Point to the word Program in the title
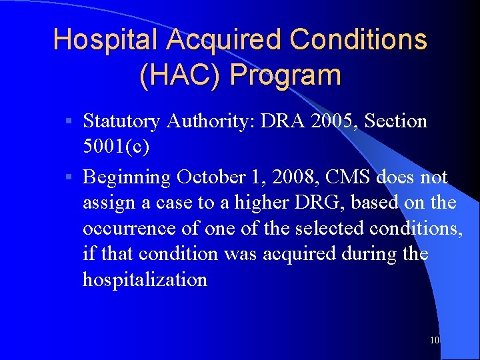pos(285,75)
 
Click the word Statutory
pos(121,121)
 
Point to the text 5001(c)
pos(116,147)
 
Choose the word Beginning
pos(127,177)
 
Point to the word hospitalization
pos(145,279)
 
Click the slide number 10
pos(435,340)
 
